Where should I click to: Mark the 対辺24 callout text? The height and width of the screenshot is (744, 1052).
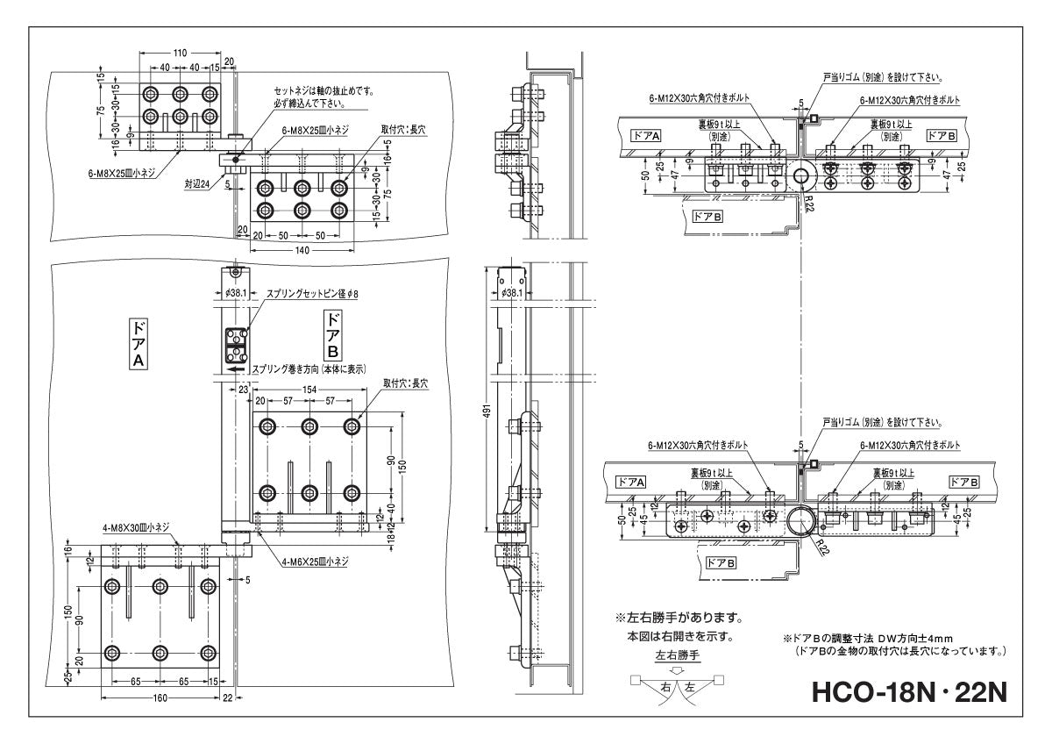(198, 185)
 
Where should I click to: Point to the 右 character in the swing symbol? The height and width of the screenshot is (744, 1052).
(665, 687)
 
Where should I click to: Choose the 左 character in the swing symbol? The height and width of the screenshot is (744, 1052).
(689, 687)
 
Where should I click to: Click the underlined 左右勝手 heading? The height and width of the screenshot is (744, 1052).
(679, 655)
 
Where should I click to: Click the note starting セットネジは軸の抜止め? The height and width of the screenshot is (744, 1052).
(323, 90)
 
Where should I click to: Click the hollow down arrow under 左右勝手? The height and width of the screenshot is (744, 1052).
(677, 669)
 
